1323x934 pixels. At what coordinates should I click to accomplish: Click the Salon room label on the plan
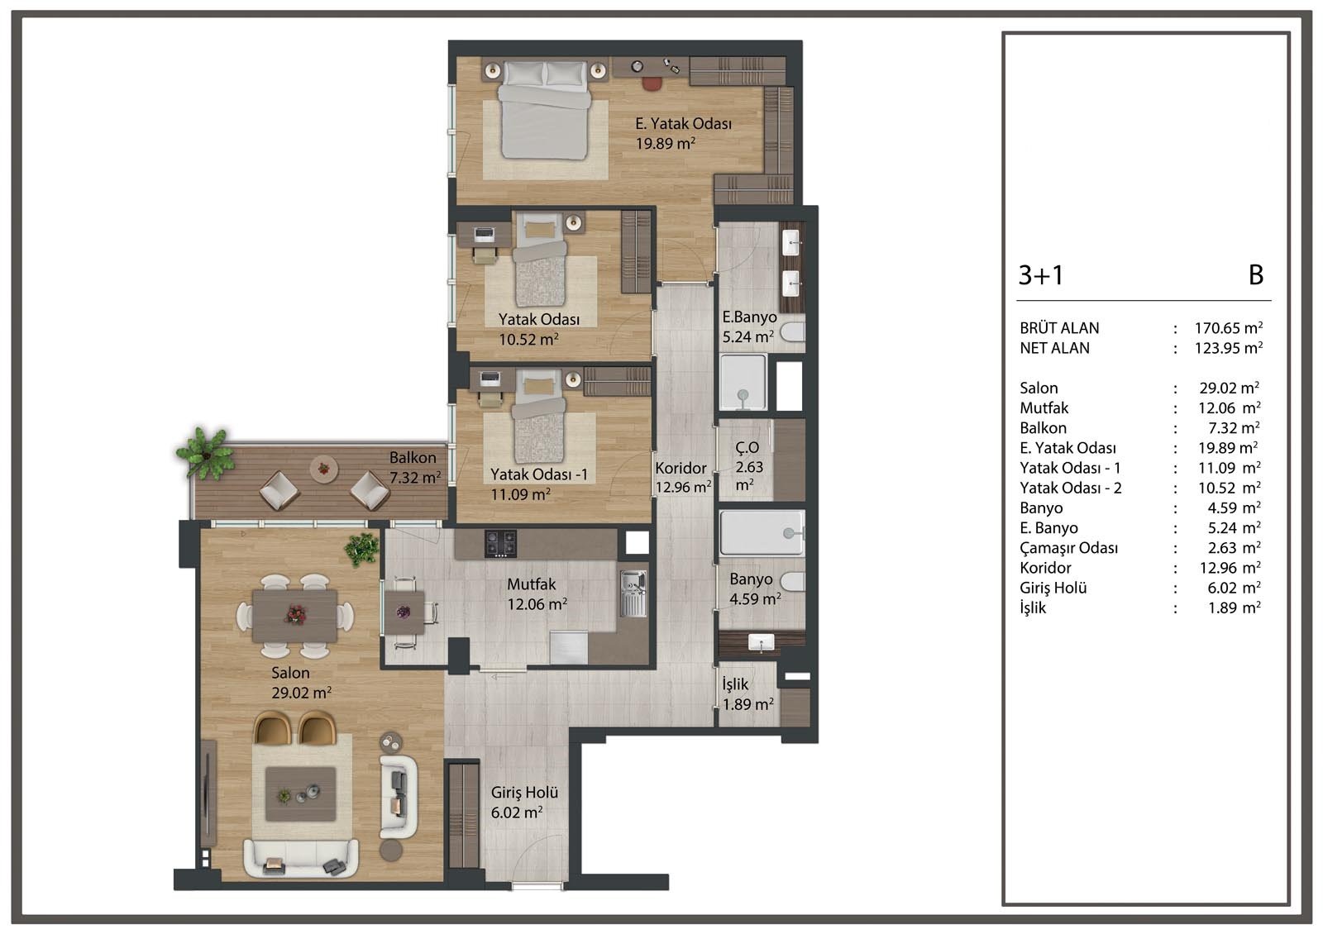[290, 673]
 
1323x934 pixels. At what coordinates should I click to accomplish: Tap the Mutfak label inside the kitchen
[531, 584]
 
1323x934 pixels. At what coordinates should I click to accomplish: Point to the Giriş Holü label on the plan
[524, 793]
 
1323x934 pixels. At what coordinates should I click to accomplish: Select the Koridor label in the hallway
[681, 468]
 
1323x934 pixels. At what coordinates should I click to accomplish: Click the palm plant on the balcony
[203, 453]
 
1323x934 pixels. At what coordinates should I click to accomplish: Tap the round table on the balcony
[323, 469]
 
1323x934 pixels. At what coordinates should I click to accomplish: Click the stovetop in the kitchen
[500, 543]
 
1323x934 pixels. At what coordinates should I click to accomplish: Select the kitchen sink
[633, 593]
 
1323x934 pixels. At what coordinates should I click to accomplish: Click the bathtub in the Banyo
[762, 533]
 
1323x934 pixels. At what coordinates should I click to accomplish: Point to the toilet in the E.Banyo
[793, 331]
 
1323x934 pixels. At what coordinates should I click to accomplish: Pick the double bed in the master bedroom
[544, 111]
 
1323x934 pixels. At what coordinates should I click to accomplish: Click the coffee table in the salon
[301, 794]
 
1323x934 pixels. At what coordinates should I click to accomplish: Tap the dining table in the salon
[294, 615]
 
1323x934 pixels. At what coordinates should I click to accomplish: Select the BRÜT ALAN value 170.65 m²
[1229, 327]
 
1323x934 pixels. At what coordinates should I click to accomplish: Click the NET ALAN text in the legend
[1054, 348]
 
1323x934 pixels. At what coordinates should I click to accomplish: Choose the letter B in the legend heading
[1256, 275]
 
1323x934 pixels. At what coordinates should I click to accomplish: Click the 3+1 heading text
[1041, 275]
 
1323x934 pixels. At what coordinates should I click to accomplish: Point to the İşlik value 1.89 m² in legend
[1235, 608]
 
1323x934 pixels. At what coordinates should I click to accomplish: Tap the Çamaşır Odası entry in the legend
[1068, 548]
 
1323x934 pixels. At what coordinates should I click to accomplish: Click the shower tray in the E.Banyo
[743, 382]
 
